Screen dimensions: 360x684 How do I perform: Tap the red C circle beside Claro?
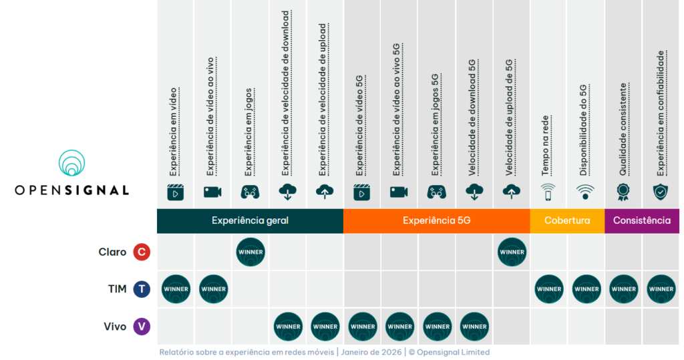[141, 252]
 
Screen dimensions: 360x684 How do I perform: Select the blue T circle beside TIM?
[141, 289]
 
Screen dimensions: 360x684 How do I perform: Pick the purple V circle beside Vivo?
[141, 327]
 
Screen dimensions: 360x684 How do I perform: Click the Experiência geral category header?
[250, 220]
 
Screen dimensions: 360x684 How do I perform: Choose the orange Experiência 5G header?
[436, 220]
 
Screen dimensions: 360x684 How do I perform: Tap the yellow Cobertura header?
[567, 220]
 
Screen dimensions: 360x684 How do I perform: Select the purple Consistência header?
[642, 220]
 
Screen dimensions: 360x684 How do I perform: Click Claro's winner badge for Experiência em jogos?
[250, 252]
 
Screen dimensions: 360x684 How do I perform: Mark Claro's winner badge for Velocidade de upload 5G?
[512, 252]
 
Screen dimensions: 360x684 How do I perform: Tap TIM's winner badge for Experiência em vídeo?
[176, 289]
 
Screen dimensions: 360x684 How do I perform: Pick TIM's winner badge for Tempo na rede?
[549, 289]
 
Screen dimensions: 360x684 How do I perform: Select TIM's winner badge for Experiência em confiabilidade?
[661, 289]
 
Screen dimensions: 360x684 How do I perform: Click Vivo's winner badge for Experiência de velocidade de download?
[288, 327]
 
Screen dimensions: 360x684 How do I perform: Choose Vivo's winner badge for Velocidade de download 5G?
[474, 327]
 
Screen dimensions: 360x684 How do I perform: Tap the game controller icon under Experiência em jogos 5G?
[437, 192]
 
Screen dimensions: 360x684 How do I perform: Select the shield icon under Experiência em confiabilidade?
[661, 192]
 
